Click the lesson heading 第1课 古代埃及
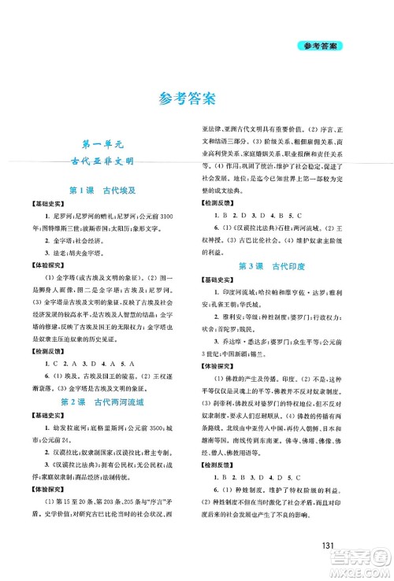click(106, 191)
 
